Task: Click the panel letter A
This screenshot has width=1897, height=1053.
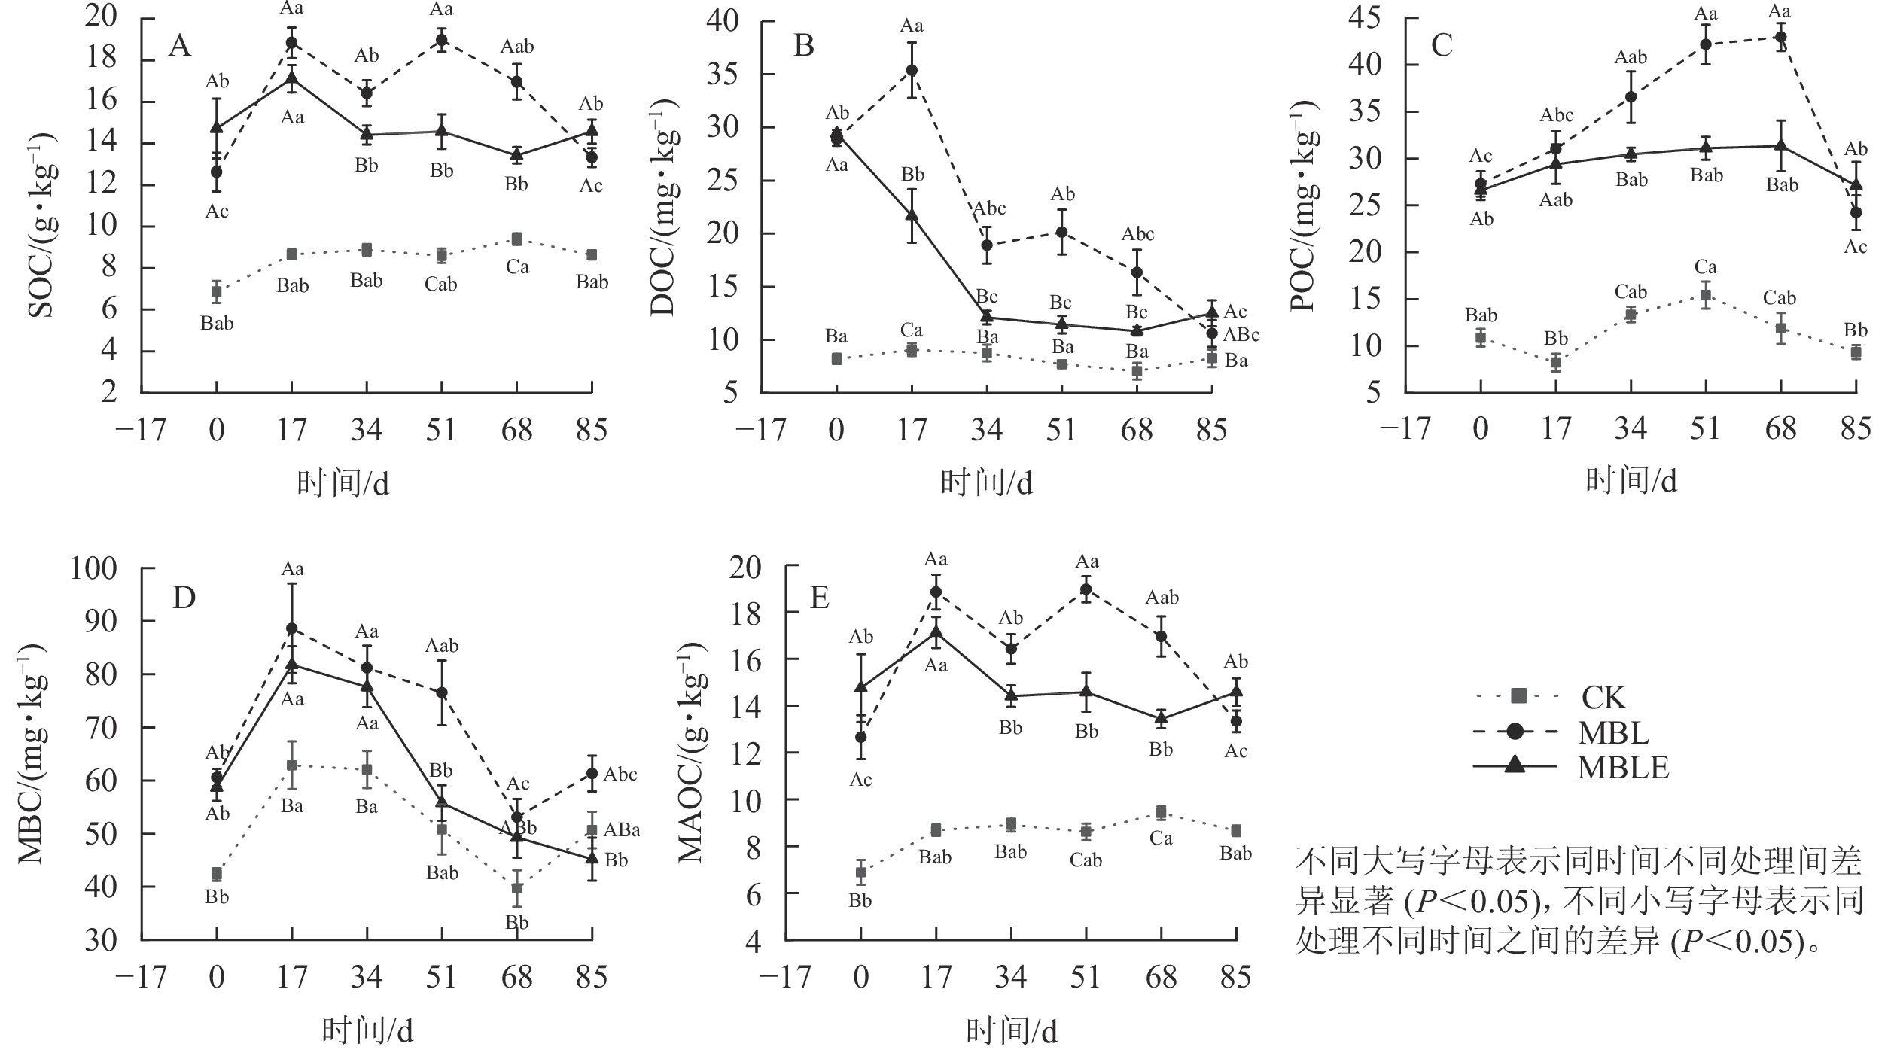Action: [x=180, y=47]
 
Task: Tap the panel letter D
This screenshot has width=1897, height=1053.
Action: [x=184, y=598]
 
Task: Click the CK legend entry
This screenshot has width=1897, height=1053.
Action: [x=1603, y=698]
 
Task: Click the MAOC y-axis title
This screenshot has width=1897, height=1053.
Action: [x=690, y=753]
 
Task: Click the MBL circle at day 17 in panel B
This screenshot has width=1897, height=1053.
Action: [x=912, y=70]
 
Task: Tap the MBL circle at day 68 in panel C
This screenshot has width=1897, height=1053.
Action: [x=1781, y=36]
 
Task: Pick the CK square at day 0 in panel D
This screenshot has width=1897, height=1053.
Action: [x=217, y=874]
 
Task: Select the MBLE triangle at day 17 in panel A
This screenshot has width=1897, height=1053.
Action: [x=292, y=78]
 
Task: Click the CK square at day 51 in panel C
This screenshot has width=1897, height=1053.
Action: [x=1706, y=295]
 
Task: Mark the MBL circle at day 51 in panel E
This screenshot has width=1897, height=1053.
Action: [x=1086, y=589]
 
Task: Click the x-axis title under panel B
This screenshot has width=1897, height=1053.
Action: [x=986, y=482]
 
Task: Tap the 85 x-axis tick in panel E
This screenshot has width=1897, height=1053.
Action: [x=1235, y=977]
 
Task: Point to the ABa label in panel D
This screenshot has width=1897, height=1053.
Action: [x=622, y=830]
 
